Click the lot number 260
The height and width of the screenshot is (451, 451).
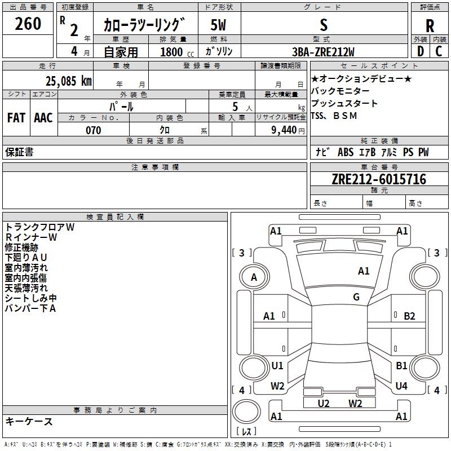[x=28, y=24]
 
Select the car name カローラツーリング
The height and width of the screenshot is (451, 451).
[x=144, y=25]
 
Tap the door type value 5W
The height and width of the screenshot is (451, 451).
[x=219, y=25]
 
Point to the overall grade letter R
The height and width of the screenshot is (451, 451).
[x=430, y=26]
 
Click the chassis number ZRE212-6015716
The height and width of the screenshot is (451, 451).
[x=379, y=179]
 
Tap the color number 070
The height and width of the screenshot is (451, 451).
[x=93, y=130]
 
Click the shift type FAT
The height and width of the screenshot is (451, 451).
[x=16, y=118]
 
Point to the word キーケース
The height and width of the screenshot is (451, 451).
[x=29, y=421]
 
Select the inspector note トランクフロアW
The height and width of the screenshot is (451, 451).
[x=39, y=227]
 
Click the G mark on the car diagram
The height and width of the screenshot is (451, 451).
[x=356, y=297]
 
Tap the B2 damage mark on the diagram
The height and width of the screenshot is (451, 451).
[x=409, y=316]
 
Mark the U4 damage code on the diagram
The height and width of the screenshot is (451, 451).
[x=401, y=386]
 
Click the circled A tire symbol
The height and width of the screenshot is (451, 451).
[x=254, y=277]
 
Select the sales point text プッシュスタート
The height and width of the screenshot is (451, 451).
[x=344, y=104]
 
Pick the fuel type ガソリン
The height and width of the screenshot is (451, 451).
[x=219, y=52]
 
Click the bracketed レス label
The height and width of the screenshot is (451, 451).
[x=246, y=432]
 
